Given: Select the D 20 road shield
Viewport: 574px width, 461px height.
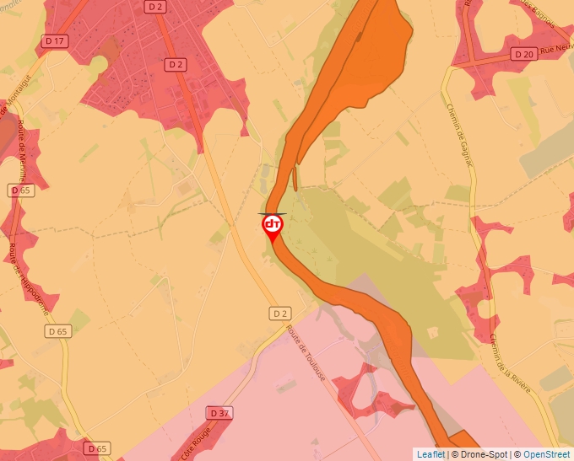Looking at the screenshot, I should [523, 54].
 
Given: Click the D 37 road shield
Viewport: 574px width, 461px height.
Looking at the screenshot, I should [218, 413].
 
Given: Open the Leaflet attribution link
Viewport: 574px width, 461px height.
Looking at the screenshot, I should [430, 454].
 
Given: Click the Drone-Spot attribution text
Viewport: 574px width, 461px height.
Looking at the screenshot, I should [480, 454].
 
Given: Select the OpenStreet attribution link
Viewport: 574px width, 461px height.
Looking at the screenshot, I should [546, 454].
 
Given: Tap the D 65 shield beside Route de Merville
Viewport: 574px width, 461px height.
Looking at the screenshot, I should [21, 190].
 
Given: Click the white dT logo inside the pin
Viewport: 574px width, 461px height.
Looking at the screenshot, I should [273, 224].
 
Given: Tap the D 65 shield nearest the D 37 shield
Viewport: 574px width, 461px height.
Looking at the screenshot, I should [97, 448].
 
